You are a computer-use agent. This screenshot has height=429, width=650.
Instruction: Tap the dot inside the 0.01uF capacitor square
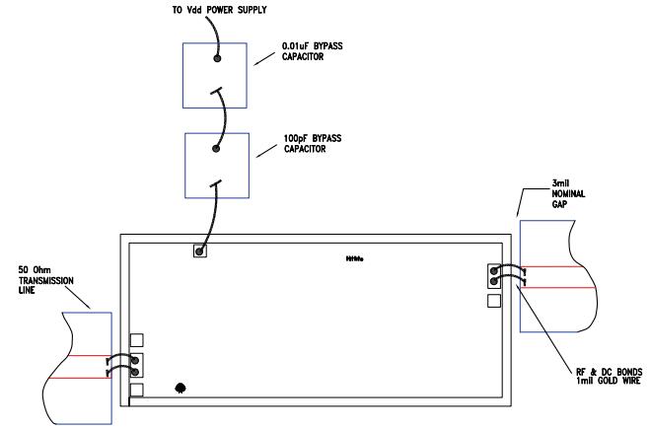coord(218,59)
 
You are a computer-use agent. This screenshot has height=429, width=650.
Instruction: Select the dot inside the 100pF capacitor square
coord(216,149)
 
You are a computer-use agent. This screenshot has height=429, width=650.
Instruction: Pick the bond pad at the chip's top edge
coord(199,250)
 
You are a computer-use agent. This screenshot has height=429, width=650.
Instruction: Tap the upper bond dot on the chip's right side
coord(495,269)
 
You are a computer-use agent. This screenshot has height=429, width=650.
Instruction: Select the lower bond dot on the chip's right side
coord(495,282)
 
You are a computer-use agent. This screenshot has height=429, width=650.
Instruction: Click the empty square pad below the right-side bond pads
coord(495,301)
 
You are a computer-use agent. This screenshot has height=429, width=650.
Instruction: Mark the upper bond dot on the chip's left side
coord(137,359)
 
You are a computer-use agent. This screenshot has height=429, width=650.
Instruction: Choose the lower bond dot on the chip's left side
coord(137,372)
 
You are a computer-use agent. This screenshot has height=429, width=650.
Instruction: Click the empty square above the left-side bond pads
coord(137,340)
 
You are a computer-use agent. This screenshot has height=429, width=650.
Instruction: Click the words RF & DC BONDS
coord(596,370)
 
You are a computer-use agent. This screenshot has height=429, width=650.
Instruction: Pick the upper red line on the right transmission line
coord(557,267)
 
